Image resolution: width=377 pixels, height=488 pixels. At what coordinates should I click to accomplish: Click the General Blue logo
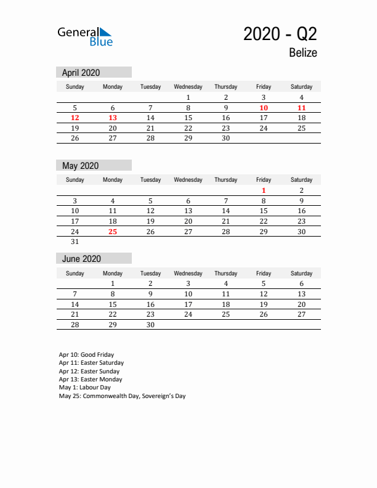coord(85,36)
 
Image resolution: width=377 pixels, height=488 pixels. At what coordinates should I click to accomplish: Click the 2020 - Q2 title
coord(280,34)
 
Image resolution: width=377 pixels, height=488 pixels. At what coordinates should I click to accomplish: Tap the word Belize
coord(302,53)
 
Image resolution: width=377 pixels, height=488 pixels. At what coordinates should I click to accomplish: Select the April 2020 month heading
coord(81,73)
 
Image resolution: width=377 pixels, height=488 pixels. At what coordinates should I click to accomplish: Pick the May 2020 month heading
coord(80,166)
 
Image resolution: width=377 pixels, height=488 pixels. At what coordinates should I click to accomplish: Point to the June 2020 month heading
coord(81,259)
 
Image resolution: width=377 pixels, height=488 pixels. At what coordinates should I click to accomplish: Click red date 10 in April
coord(264,108)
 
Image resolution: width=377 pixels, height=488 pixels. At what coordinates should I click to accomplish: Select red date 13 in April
coord(113,118)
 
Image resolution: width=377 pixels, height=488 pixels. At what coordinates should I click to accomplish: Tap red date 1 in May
coord(264,191)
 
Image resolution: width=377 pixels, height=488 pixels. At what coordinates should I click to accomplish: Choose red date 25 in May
coord(113,232)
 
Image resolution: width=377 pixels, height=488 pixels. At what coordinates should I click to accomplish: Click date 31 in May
coord(75,242)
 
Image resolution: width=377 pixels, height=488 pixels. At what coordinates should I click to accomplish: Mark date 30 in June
coord(150,325)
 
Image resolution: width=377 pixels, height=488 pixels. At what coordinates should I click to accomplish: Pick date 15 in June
coord(113,304)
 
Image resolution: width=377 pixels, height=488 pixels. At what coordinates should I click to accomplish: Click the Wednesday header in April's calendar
coord(188,87)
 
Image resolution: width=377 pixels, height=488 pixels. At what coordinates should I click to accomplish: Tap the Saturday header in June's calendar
coord(301,273)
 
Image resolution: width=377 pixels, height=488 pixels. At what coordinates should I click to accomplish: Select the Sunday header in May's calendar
coord(75,180)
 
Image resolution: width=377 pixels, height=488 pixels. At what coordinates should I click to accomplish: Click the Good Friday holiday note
coord(86,355)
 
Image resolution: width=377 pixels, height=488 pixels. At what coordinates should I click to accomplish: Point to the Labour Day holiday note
coord(85,388)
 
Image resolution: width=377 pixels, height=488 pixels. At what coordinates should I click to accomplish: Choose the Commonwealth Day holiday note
coord(122,396)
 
